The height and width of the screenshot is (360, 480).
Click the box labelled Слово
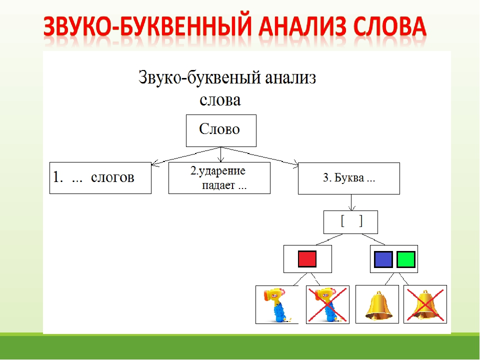pyautogui.click(x=220, y=130)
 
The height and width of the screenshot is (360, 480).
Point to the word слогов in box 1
pyautogui.click(x=112, y=178)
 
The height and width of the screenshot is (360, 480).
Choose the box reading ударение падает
pyautogui.click(x=219, y=178)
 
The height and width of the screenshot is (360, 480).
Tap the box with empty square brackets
pyautogui.click(x=350, y=222)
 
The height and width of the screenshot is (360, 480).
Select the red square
pyautogui.click(x=307, y=259)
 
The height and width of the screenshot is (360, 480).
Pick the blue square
pyautogui.click(x=383, y=259)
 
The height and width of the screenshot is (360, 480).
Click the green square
pyautogui.click(x=405, y=259)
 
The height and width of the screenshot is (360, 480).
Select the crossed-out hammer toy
pyautogui.click(x=326, y=304)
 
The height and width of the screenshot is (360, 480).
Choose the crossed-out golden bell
pyautogui.click(x=425, y=304)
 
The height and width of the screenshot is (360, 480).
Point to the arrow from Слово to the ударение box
pyautogui.click(x=220, y=154)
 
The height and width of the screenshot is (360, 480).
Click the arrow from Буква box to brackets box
pyautogui.click(x=352, y=202)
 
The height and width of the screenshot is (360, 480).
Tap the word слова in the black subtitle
pyautogui.click(x=220, y=100)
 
